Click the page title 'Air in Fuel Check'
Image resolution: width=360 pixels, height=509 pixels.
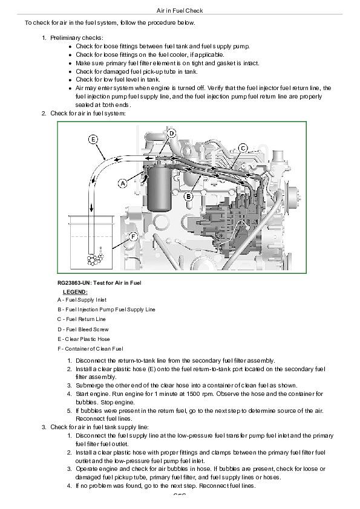(179, 10)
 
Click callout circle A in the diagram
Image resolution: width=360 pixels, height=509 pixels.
(123, 183)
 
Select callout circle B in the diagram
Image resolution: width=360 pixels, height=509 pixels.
(188, 196)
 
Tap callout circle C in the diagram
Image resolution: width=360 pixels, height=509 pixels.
(243, 148)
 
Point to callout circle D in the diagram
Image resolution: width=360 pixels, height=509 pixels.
(172, 133)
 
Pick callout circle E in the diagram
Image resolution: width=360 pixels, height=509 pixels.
(93, 140)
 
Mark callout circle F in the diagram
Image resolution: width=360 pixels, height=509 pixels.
(133, 237)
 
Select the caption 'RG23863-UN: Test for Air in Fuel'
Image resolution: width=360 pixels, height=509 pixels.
(99, 283)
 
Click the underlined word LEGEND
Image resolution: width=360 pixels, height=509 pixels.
(75, 292)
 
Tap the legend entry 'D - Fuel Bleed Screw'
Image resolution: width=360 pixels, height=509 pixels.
(83, 329)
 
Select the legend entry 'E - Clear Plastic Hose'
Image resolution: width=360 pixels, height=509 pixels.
(83, 339)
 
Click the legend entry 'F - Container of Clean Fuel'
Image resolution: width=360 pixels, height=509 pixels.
(90, 349)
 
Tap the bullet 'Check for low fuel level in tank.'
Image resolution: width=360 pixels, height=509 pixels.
(118, 79)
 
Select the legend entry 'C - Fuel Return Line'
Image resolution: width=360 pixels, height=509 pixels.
(82, 319)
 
